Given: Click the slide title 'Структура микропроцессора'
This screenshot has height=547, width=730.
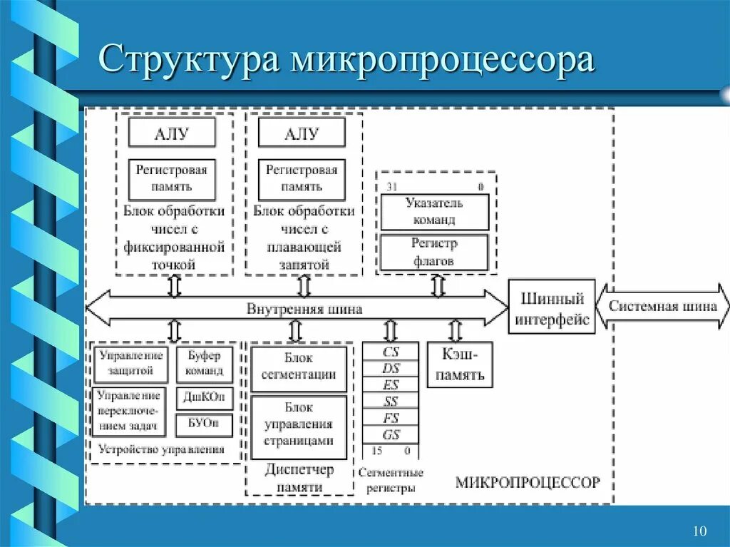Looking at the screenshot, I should pos(346,60).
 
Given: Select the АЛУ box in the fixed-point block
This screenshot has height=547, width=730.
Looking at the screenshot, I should pos(172,133).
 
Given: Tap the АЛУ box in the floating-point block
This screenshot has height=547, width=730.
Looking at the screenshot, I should pos(302,133).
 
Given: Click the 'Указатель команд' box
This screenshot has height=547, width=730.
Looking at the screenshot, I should pos(434,212).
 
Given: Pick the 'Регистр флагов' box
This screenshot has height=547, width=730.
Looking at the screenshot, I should pos(434,252).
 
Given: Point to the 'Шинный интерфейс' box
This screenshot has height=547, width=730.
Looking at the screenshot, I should pos(552,307).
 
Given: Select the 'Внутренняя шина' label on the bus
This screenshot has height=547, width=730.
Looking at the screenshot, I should pos(304,309).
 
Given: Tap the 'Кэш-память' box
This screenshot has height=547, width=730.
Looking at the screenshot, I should pos(460,364).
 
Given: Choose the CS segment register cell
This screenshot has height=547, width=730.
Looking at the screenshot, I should pos(391,352).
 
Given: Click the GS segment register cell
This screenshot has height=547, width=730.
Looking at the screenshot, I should pos(391,435).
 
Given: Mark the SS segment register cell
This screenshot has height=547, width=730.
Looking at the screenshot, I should pos(391,402).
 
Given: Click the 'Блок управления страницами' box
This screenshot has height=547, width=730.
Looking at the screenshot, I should pos(299,427).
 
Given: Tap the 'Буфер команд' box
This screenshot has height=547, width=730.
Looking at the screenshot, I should pos(204,363).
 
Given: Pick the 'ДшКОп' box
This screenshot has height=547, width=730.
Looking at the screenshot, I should pos(204,397).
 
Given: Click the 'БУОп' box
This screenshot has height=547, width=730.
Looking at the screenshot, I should pos(204,424).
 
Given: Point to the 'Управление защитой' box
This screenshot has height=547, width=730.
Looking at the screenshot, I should pos(130,363).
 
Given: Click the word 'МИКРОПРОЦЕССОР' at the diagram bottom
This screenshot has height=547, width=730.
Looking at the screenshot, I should pos(528,482).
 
